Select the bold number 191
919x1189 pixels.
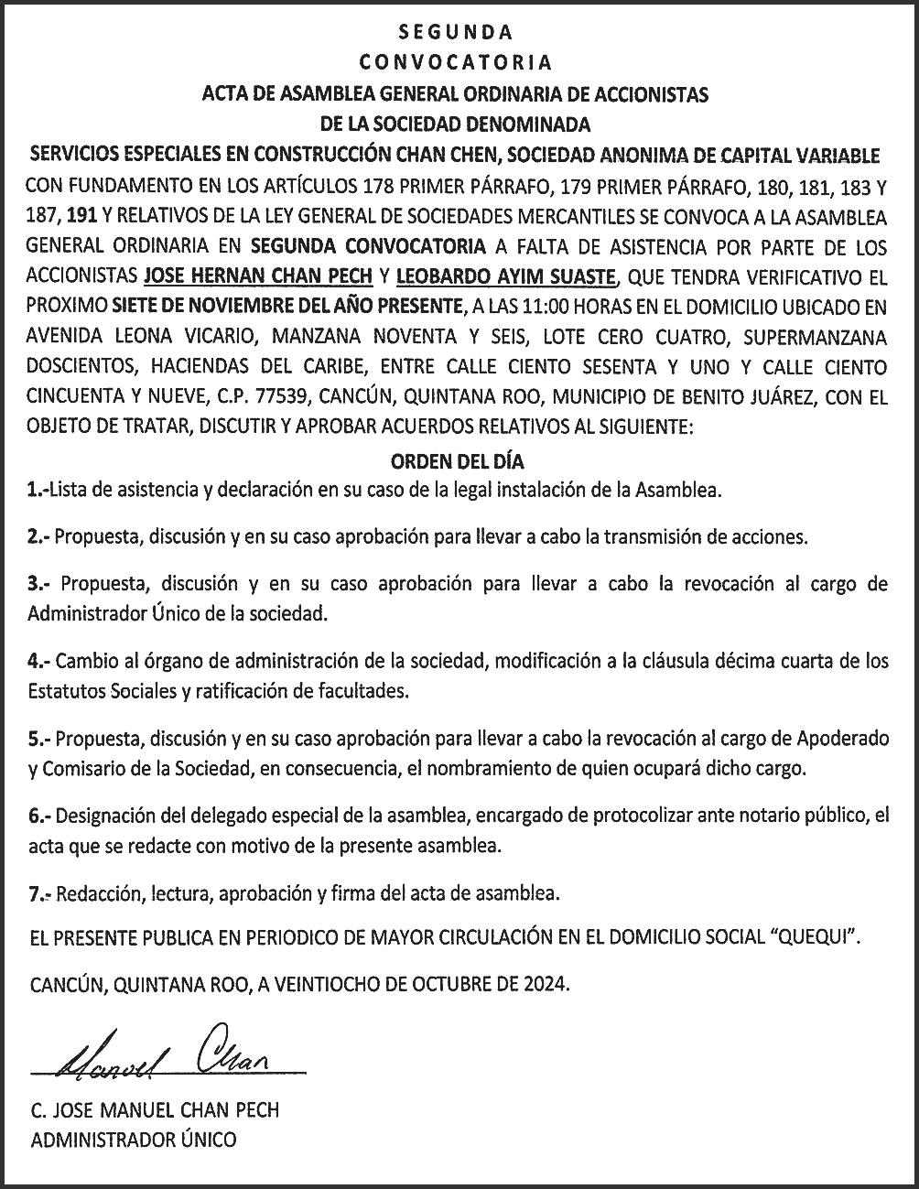[x=80, y=218]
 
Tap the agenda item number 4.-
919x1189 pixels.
[x=41, y=661]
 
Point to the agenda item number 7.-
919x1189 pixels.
[x=41, y=892]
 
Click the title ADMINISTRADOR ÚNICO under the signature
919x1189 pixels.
[x=133, y=1140]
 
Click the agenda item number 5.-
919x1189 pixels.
[x=41, y=738]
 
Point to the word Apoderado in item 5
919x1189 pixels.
[x=842, y=738]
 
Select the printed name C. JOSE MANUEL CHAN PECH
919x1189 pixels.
[x=154, y=1110]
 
